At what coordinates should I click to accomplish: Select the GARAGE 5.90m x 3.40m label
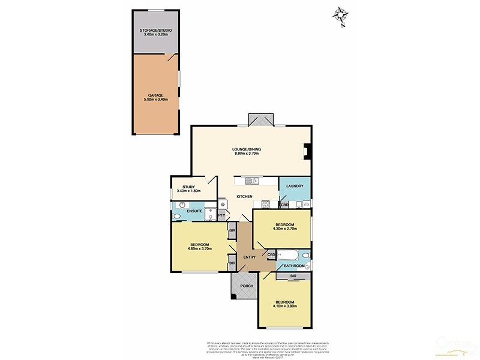pyautogui.click(x=155, y=97)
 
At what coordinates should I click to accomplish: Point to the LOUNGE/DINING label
pyautogui.click(x=248, y=149)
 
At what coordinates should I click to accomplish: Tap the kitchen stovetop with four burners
pyautogui.click(x=222, y=203)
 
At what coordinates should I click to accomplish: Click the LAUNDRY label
pyautogui.click(x=295, y=186)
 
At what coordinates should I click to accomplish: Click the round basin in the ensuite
pyautogui.click(x=179, y=205)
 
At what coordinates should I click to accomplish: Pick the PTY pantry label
pyautogui.click(x=221, y=216)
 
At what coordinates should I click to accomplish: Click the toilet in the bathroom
pyautogui.click(x=305, y=256)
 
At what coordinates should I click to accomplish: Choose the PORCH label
pyautogui.click(x=246, y=286)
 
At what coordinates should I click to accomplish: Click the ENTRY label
pyautogui.click(x=249, y=257)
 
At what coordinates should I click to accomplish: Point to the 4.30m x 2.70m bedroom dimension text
pyautogui.click(x=285, y=228)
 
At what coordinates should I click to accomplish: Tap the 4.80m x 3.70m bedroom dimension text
pyautogui.click(x=199, y=248)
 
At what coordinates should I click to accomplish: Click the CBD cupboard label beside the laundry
pyautogui.click(x=284, y=205)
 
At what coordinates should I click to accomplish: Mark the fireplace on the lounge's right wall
pyautogui.click(x=307, y=152)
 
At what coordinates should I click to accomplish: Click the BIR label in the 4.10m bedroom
pyautogui.click(x=293, y=276)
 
